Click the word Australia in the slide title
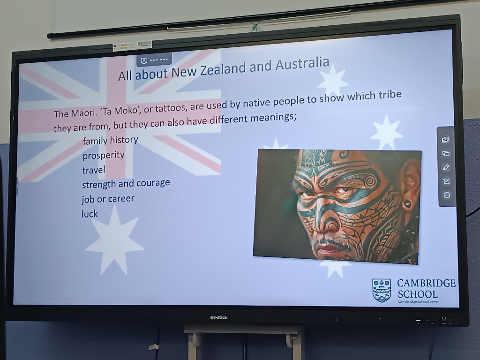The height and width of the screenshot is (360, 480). point(302,64)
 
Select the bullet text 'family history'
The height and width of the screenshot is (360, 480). point(111,140)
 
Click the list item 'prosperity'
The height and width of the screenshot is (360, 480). point(104,156)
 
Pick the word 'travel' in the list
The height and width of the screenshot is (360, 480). point(94,170)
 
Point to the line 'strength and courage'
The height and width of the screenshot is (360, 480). point(126,184)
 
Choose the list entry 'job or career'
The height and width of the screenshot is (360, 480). point(108,199)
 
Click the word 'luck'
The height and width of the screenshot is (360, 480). point(90,214)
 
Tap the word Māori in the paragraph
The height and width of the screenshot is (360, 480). point(84,113)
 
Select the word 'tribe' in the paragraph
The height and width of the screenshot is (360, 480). point(390,95)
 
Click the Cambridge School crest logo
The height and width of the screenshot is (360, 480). point(382,290)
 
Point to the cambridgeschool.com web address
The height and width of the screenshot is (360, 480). point(418,301)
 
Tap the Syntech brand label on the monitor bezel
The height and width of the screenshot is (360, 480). point(219,318)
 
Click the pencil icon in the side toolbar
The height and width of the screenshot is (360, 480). point(446,167)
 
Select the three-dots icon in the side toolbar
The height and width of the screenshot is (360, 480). point(447,195)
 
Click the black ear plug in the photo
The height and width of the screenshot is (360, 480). point(407,204)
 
